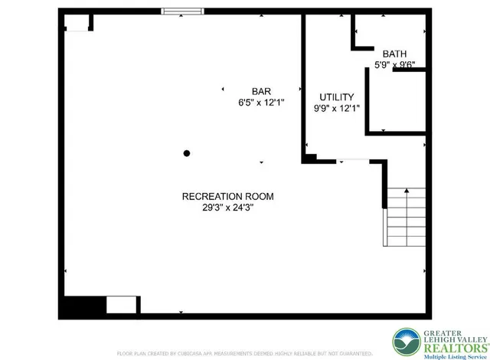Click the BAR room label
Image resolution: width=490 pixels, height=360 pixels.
point(260,90)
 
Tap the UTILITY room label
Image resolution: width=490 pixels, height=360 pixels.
point(336,97)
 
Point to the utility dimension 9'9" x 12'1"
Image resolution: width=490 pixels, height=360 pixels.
point(336,109)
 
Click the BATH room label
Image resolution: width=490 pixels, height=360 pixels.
point(395,54)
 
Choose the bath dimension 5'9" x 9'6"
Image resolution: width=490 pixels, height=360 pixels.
point(395,65)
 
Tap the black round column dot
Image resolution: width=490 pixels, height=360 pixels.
point(186,153)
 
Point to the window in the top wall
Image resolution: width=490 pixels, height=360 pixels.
point(182,11)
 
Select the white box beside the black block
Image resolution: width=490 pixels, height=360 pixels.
point(121,305)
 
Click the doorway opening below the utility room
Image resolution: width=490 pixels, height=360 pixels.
point(354,161)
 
